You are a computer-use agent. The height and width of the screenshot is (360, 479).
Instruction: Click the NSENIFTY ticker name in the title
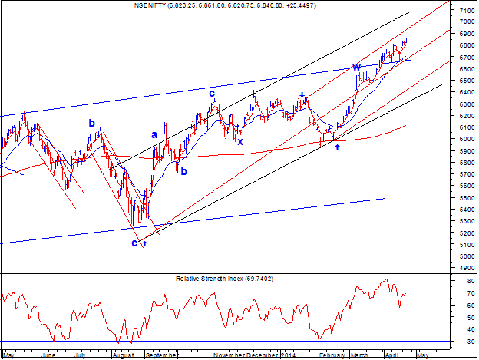pyautogui.click(x=150, y=5)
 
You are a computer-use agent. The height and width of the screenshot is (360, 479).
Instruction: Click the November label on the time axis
pyautogui.click(x=229, y=355)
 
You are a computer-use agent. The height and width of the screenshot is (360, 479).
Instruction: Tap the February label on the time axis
pyautogui.click(x=332, y=355)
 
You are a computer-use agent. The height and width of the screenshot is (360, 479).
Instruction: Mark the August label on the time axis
pyautogui.click(x=123, y=355)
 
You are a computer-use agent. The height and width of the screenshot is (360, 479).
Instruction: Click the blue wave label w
pyautogui.click(x=356, y=68)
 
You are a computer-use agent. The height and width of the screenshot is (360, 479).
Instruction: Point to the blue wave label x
pyautogui.click(x=240, y=142)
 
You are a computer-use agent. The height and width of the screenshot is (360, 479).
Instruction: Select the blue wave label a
pyautogui.click(x=154, y=134)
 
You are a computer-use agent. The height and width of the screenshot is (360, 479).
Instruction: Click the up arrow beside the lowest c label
pyautogui.click(x=145, y=243)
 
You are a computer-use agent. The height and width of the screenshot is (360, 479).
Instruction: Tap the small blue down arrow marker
pyautogui.click(x=302, y=94)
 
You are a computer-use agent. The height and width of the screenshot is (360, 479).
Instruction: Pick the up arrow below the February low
pyautogui.click(x=337, y=147)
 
